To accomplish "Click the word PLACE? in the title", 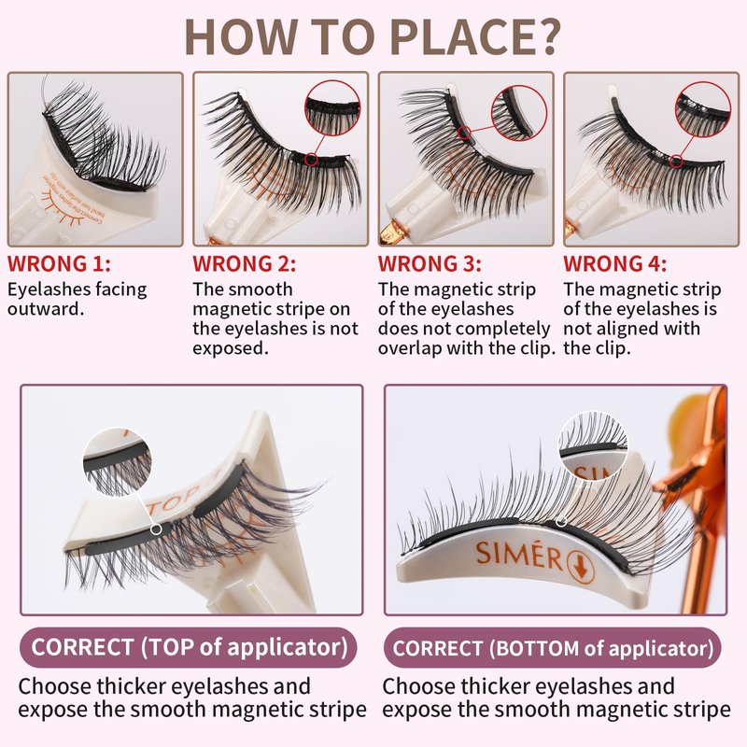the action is [475, 37].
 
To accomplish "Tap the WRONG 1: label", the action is [59, 263].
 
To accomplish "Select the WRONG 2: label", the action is [245, 263].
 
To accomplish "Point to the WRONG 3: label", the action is [430, 263].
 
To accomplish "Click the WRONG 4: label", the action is [615, 263].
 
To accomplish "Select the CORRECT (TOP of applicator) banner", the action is [189, 647].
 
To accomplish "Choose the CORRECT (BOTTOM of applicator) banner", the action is [553, 647].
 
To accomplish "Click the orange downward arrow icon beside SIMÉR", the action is [581, 568].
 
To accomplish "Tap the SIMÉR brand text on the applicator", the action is [520, 554].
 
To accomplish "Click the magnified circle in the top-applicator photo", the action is [118, 461].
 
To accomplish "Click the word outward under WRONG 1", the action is [46, 309].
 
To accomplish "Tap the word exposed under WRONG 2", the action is [231, 348].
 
